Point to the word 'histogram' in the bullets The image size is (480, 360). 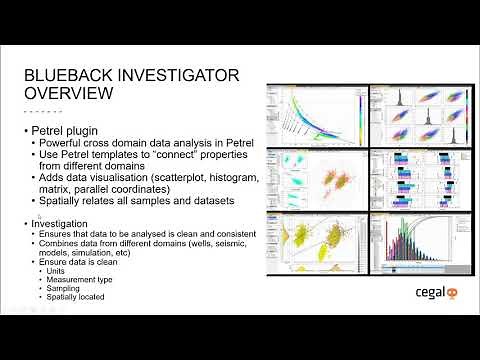pos(230,177)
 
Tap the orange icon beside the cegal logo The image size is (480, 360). pos(450,294)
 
